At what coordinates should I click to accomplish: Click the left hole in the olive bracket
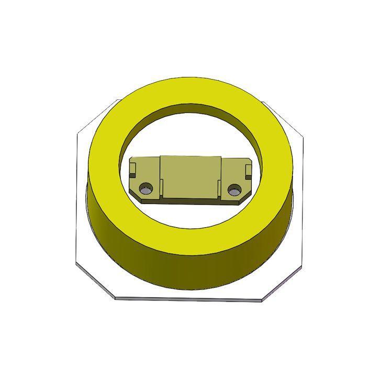(x=145, y=188)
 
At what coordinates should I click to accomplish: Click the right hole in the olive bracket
(x=234, y=189)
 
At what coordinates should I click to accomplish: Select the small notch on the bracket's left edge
(x=132, y=170)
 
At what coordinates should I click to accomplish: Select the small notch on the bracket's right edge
(x=248, y=170)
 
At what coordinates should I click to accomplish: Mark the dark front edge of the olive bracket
(x=190, y=200)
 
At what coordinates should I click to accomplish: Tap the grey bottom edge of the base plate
(x=188, y=299)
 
